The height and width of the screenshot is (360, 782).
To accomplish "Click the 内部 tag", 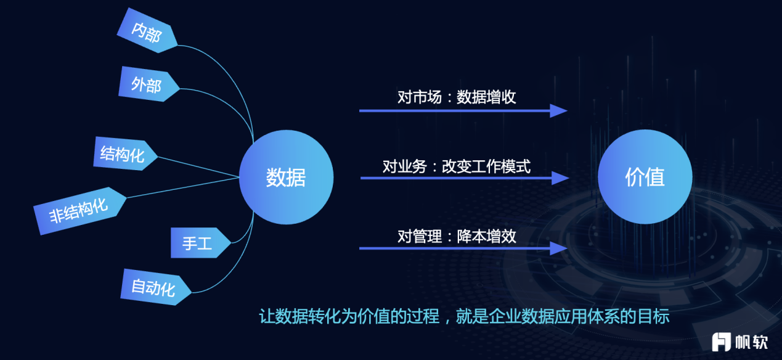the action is click(147, 31).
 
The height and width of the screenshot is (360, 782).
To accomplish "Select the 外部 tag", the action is click(149, 84).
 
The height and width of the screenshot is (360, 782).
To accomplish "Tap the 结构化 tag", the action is click(125, 153).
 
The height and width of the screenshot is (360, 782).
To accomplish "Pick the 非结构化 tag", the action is click(80, 211).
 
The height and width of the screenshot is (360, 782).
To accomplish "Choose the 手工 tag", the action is click(200, 243).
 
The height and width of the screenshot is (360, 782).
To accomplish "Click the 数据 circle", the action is click(287, 177).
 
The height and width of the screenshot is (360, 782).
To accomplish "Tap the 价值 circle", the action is click(645, 177).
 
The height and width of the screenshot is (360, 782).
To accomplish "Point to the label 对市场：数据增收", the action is click(457, 97).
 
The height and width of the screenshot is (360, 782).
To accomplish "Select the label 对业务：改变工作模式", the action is click(457, 166).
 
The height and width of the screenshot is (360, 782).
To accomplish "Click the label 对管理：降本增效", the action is click(457, 236).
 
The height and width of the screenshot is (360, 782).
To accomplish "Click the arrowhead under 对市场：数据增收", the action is click(558, 111).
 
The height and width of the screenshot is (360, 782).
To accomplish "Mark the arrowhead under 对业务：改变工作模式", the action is click(560, 178).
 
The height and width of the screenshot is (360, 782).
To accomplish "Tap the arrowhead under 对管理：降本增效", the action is click(558, 248).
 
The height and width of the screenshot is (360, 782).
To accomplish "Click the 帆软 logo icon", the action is click(721, 342).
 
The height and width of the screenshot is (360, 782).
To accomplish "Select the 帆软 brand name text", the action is click(752, 342).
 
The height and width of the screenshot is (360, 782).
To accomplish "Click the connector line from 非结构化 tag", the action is click(183, 187).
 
